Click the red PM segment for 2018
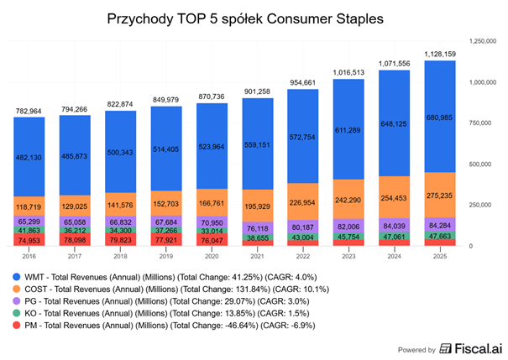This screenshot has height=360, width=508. [127, 239]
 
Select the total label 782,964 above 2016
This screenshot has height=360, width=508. [35, 110]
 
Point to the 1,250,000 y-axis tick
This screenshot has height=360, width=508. [483, 40]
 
